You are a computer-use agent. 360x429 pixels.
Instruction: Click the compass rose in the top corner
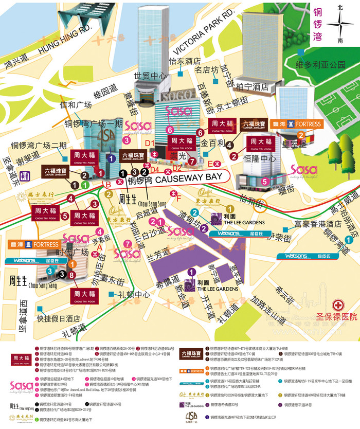339,24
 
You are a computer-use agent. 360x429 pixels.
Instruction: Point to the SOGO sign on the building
176,97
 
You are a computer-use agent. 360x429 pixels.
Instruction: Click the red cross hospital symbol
339,305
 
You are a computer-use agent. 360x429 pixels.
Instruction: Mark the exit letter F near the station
179,197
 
